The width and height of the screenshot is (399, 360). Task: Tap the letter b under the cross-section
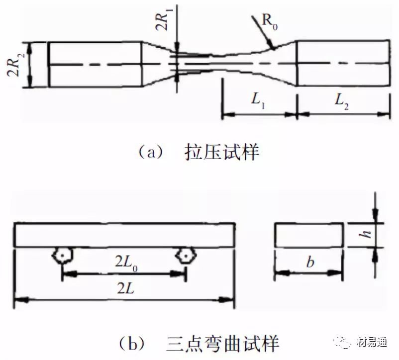tap(309, 263)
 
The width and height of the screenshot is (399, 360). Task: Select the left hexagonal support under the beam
tap(62, 256)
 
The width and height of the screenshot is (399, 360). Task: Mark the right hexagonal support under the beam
tap(185, 256)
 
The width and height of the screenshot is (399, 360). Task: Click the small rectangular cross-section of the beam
tap(309, 235)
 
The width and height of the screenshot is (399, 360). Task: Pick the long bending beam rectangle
tap(124, 235)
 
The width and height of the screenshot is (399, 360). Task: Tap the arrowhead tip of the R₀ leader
tap(272, 48)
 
